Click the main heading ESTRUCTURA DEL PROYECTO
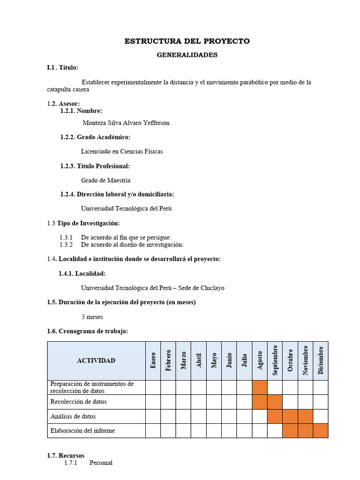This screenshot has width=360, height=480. pyautogui.click(x=187, y=41)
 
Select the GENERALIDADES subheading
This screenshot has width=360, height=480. pyautogui.click(x=187, y=55)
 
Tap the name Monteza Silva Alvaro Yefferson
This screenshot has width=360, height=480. pyautogui.click(x=126, y=123)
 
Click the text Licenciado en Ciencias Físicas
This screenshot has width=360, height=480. pyautogui.click(x=122, y=151)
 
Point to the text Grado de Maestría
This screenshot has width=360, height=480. pyautogui.click(x=105, y=180)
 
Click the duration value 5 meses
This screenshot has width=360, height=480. pyautogui.click(x=92, y=317)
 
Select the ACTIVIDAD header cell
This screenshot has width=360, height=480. pyautogui.click(x=96, y=360)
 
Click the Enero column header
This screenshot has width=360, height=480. pyautogui.click(x=153, y=360)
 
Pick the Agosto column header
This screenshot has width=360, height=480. pyautogui.click(x=260, y=360)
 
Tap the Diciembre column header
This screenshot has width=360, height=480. pyautogui.click(x=321, y=360)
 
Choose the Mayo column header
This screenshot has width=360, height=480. pyautogui.click(x=214, y=360)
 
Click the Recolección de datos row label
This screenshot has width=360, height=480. pyautogui.click(x=78, y=402)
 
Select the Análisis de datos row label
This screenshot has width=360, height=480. pyautogui.click(x=73, y=416)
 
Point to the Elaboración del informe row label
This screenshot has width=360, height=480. pyautogui.click(x=82, y=430)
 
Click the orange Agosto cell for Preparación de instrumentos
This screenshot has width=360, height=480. pyautogui.click(x=260, y=387)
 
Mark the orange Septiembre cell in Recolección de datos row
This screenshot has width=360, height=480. pyautogui.click(x=275, y=402)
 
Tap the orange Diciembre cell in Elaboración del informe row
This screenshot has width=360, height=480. pyautogui.click(x=321, y=430)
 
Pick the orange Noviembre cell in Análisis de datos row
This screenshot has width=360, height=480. pyautogui.click(x=306, y=416)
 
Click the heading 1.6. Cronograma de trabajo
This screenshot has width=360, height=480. pyautogui.click(x=87, y=331)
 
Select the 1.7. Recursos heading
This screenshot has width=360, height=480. pyautogui.click(x=66, y=456)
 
